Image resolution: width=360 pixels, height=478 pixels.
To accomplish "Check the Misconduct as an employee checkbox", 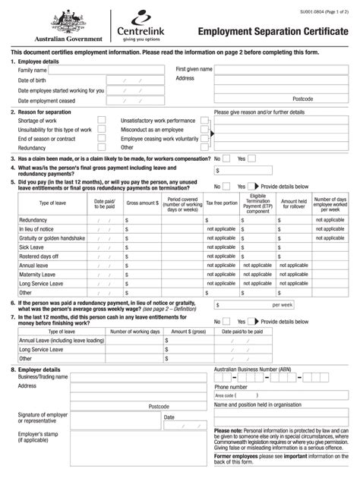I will (x=204, y=130).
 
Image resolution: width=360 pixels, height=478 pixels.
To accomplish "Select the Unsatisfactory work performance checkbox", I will (x=204, y=121).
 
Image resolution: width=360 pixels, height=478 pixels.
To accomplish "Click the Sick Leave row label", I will (x=32, y=247).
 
